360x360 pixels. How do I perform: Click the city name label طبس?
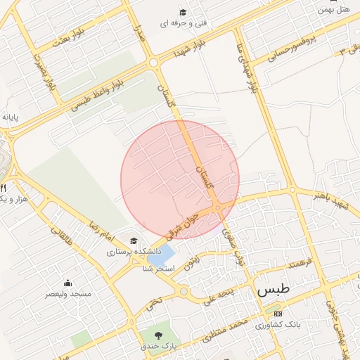pos(273,289)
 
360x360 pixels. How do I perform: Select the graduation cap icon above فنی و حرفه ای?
pos(183,12)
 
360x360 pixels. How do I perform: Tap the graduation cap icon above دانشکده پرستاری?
pos(134,241)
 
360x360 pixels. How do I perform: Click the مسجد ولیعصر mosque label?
pos(67,293)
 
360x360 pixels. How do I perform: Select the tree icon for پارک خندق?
pos(156,335)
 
